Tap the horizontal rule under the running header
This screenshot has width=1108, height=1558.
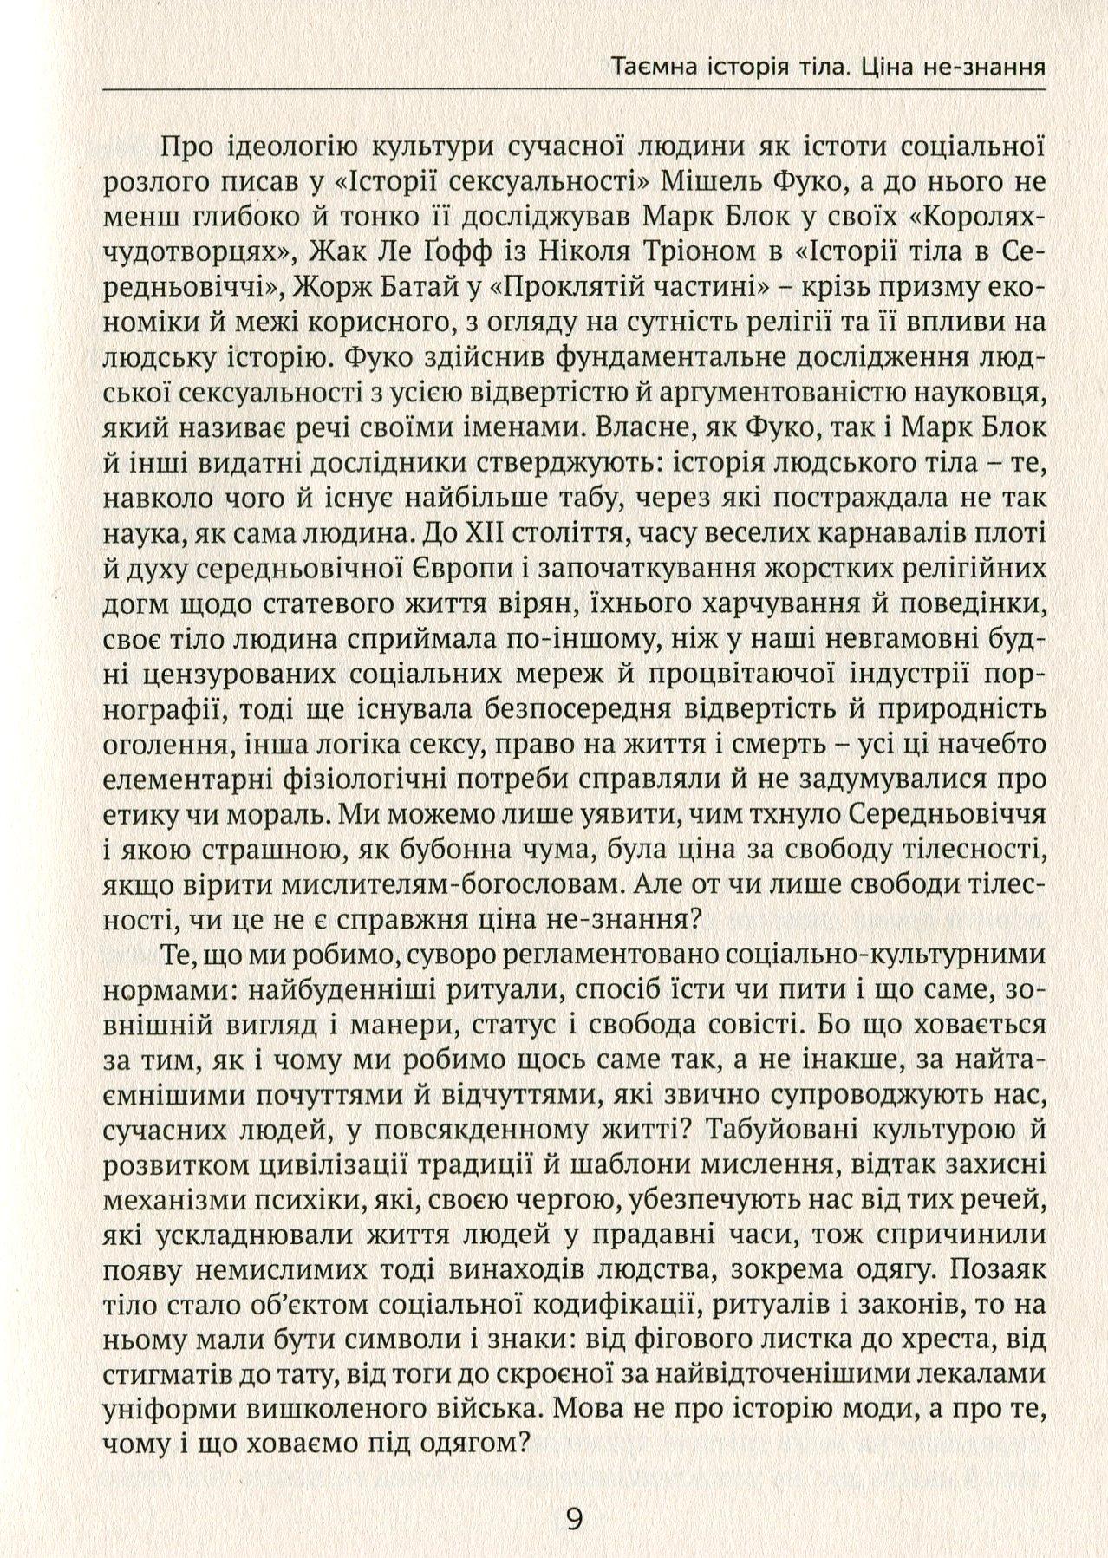(x=572, y=89)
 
